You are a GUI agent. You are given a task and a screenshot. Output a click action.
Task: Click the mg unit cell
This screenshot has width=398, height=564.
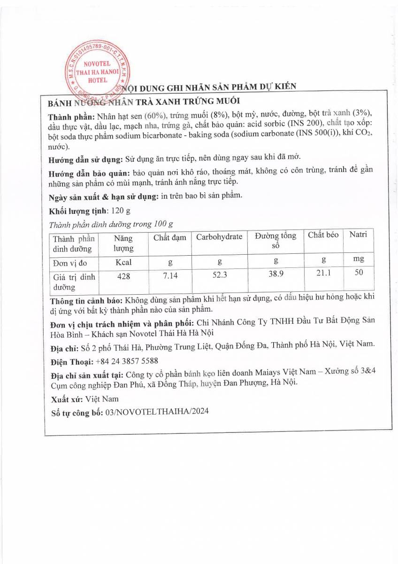(359, 258)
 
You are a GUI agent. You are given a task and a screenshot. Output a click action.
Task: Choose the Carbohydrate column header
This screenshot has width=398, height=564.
(219, 237)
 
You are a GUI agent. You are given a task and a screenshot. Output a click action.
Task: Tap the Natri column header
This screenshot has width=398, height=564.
(358, 235)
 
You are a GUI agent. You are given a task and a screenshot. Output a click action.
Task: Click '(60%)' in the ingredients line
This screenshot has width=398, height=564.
(156, 116)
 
